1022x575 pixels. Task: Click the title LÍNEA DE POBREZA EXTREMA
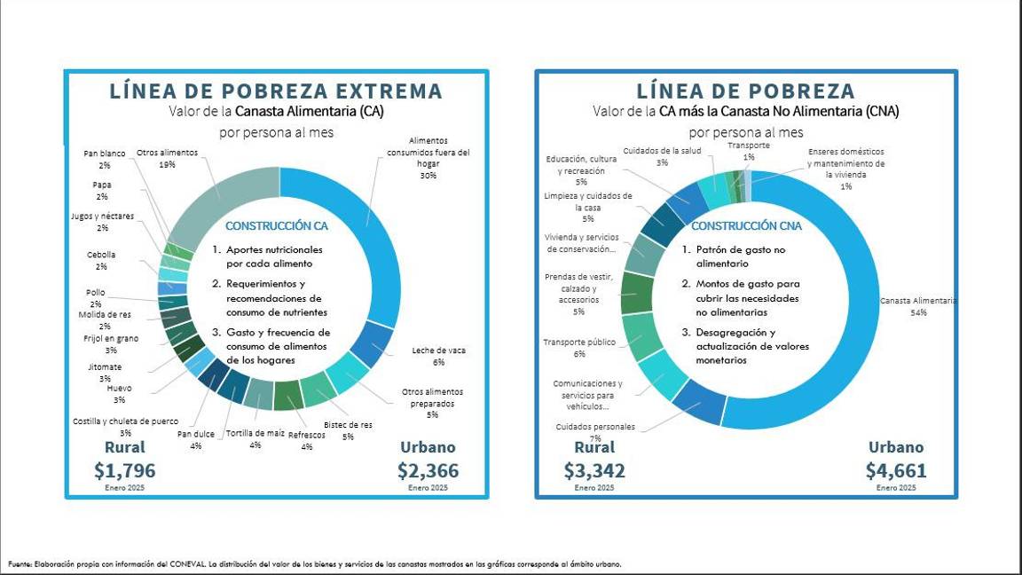[x=276, y=91]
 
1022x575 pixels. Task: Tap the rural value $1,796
[x=124, y=470]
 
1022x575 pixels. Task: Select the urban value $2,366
[x=428, y=470]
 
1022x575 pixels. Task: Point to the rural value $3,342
[x=594, y=470]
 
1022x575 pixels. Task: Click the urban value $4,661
[x=896, y=470]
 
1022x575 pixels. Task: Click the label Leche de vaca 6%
[x=438, y=356]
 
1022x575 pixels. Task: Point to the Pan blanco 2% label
[x=105, y=159]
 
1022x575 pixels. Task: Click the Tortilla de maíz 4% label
[x=255, y=438]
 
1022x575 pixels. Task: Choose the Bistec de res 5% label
[x=348, y=430]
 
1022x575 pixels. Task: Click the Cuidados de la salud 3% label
[x=662, y=156]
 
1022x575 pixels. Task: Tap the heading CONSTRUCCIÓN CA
[x=276, y=226]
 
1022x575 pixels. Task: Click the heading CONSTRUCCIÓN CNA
[x=746, y=226]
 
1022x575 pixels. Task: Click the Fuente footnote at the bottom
[x=315, y=563]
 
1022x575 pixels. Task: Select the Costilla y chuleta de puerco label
[x=125, y=427]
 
